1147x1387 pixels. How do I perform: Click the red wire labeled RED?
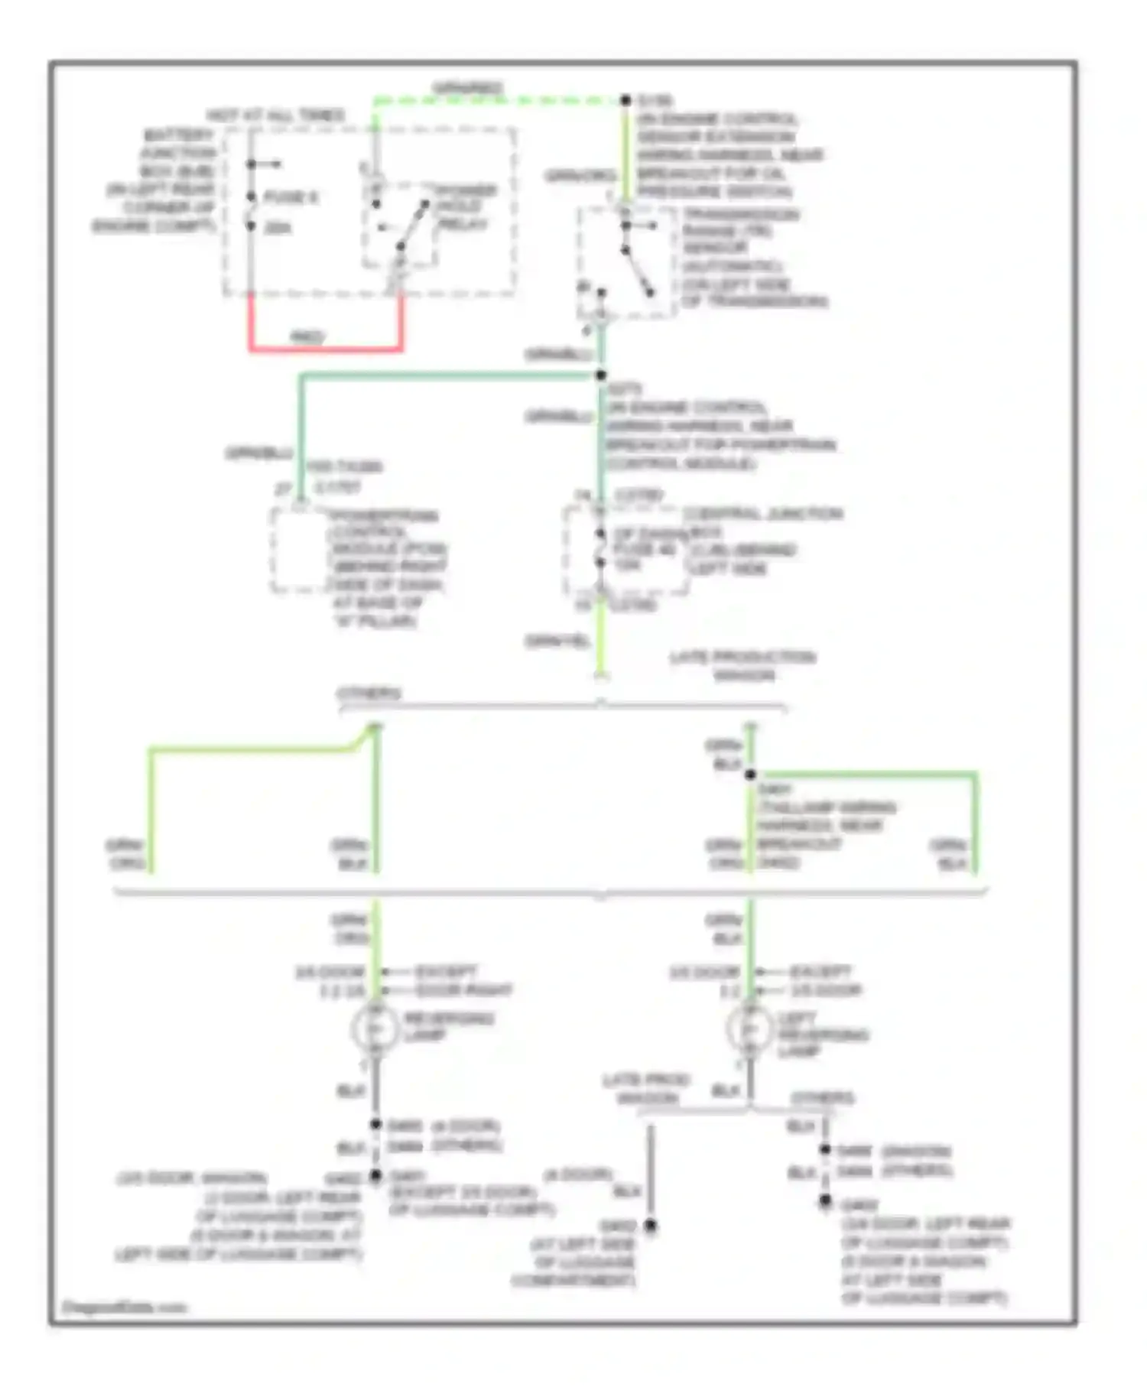325,349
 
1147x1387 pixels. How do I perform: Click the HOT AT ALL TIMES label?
275,115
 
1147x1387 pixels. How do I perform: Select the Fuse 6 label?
290,197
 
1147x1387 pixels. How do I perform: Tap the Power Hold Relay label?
464,206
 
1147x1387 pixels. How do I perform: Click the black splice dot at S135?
625,100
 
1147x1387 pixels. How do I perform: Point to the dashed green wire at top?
497,100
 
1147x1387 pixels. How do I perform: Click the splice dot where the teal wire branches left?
601,375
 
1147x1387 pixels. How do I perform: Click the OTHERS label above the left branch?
369,693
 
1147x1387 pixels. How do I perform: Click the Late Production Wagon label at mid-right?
742,666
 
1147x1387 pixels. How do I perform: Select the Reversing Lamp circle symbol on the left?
375,1028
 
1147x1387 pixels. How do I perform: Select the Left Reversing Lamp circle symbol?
749,1028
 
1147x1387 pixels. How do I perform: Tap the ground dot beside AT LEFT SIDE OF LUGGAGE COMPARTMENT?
651,1226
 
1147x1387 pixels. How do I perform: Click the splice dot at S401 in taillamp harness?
750,775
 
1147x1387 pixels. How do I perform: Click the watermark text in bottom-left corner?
124,1307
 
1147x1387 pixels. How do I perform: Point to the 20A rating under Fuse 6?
277,228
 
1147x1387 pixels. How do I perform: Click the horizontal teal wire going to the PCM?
451,375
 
